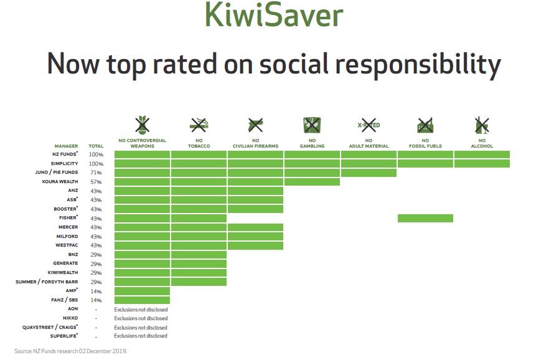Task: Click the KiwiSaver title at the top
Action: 274,14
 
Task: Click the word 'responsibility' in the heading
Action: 418,65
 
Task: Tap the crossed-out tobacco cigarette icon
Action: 199,125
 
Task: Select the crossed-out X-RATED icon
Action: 369,125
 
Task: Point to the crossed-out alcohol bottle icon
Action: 482,125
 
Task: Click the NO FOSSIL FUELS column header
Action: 425,143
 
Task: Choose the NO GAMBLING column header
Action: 312,143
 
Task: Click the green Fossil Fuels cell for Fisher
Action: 425,218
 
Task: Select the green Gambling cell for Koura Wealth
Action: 312,182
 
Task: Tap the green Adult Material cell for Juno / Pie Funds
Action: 369,173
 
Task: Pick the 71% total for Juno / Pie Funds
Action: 96,173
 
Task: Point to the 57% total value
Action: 96,182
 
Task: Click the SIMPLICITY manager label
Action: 64,163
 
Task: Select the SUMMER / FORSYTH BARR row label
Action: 47,282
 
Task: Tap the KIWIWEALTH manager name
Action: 63,273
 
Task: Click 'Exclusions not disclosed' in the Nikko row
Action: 141,318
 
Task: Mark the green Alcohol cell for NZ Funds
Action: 482,154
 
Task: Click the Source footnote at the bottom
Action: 70,351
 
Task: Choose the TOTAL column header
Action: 96,146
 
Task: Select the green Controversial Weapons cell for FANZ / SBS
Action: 142,300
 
